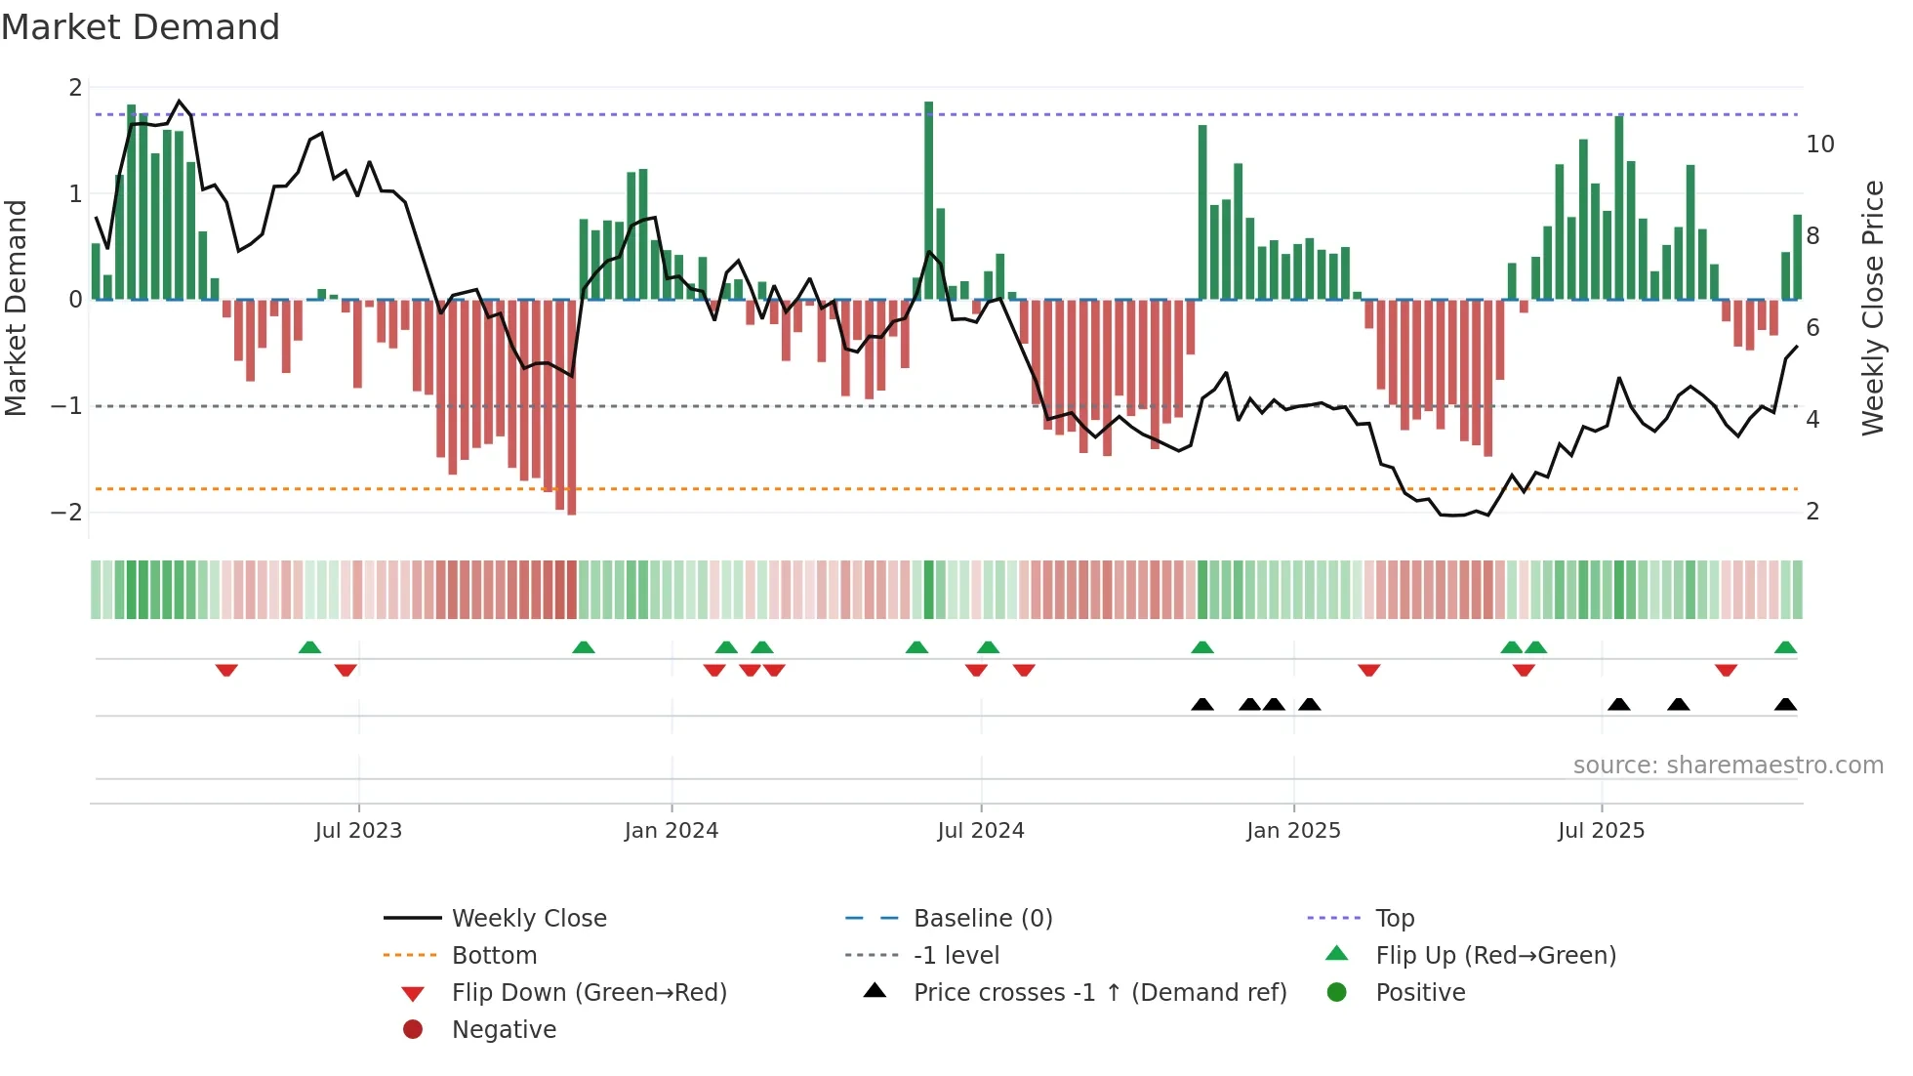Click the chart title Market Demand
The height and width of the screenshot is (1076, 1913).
141,27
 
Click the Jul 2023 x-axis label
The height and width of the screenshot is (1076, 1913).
358,831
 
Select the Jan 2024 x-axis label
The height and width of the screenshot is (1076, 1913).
672,831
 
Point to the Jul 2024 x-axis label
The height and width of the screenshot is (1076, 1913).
981,831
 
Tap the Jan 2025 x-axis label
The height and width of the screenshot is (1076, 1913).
1293,831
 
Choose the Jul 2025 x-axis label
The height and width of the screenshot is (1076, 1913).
1602,831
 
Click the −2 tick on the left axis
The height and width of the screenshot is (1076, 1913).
66,513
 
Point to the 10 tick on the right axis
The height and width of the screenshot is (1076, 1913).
1819,145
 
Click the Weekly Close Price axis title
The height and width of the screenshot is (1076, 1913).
1872,308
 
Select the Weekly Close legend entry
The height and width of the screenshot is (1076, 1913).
528,919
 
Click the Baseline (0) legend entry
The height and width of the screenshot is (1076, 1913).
982,919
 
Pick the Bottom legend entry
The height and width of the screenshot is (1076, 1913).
494,956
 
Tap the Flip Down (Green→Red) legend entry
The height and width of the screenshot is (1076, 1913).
589,993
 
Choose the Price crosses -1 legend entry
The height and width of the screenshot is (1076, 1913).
1099,993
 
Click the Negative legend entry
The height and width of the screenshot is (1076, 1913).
504,1030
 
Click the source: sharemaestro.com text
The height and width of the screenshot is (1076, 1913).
1728,766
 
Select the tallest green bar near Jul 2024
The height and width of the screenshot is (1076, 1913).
929,200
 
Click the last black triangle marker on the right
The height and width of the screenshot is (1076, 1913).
1785,705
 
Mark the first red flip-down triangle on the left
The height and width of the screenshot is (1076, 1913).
226,670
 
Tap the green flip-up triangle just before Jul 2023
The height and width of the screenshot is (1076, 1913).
309,647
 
